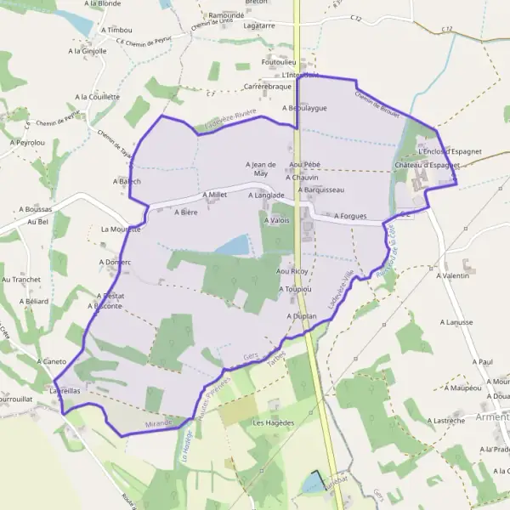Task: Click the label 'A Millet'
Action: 214,195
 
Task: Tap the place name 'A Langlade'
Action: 265,195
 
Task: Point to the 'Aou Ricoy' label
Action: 292,271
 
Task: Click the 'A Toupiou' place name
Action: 295,289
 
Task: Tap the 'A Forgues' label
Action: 350,216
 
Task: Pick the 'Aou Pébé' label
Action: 304,164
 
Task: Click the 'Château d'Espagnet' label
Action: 427,164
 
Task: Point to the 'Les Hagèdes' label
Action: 273,422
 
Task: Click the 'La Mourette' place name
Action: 120,229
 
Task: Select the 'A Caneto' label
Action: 52,361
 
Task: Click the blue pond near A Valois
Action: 233,246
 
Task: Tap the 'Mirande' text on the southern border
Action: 158,422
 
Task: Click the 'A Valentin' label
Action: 453,276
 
